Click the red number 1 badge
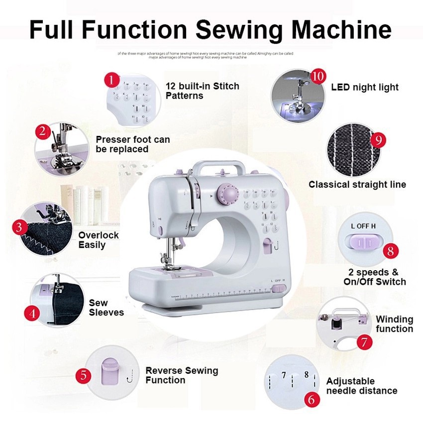coord(112,80)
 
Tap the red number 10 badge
coord(318,77)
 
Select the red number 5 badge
coord(84,375)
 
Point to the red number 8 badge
coord(391,251)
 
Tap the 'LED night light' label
coord(365,87)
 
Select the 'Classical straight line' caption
coord(357,185)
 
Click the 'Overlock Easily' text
coord(99,240)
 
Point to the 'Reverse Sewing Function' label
coord(182,375)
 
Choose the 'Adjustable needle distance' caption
coord(362,386)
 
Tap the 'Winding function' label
coord(394,324)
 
